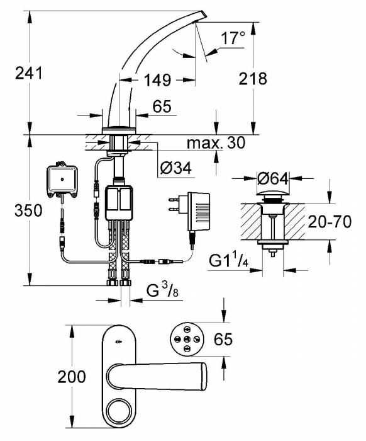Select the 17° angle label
[233, 38]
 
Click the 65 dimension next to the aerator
[224, 340]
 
